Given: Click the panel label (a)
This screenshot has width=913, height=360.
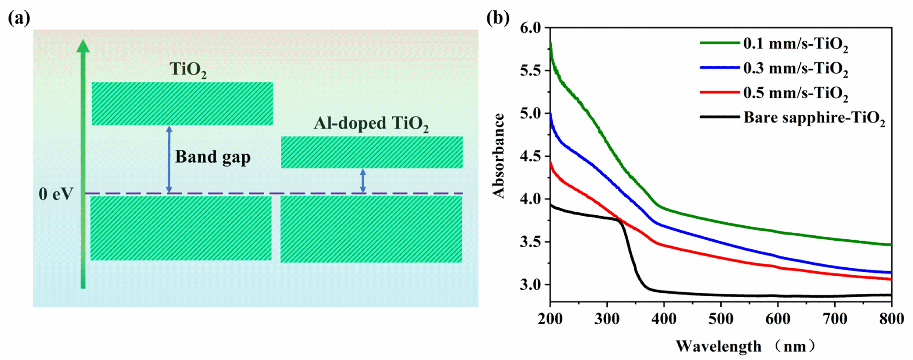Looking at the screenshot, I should tap(19, 18).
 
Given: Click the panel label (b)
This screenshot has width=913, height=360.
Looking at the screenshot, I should tap(498, 18).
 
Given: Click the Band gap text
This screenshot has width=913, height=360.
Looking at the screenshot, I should tap(213, 157).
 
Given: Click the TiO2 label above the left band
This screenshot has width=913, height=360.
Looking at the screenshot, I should tap(188, 69).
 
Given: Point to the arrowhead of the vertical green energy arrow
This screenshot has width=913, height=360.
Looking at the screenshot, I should tap(83, 46).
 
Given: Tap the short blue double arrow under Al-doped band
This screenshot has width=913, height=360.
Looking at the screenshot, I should tap(363, 181).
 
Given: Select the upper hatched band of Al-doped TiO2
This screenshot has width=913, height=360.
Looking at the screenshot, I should tap(372, 152).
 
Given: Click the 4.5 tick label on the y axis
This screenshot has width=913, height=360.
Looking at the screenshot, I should tap(531, 156).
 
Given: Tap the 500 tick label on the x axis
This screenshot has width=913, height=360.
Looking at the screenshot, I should tap(721, 319).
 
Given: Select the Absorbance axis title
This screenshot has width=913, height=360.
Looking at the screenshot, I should tap(498, 156).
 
